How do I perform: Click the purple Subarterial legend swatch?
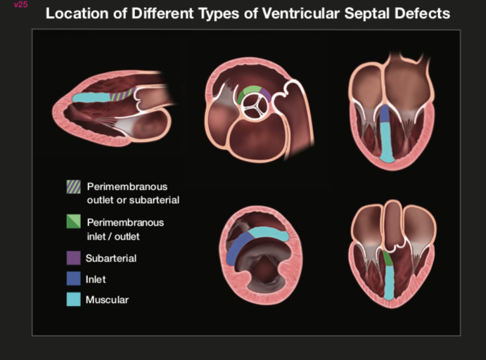point(73,258)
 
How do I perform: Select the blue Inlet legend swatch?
point(73,279)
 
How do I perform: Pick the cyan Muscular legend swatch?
point(73,300)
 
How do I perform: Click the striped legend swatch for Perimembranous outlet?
point(73,187)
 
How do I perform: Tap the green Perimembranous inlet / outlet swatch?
point(73,222)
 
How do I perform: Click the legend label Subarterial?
point(111,258)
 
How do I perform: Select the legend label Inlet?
point(96,279)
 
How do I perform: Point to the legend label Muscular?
point(107,300)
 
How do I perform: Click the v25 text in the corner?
point(20,5)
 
